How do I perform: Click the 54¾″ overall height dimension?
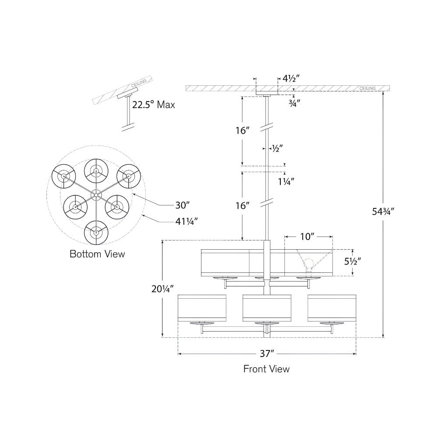(x=383, y=212)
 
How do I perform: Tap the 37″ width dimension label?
(x=267, y=353)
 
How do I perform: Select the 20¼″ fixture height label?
(x=163, y=289)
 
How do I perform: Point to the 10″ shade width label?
(x=307, y=237)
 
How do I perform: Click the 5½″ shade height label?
(x=353, y=261)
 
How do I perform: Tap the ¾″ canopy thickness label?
(x=294, y=103)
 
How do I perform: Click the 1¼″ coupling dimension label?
(x=286, y=182)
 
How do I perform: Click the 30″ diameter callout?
(x=182, y=205)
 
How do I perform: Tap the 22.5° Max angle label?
(x=154, y=105)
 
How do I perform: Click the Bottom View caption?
(x=97, y=254)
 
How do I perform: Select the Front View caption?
(x=266, y=369)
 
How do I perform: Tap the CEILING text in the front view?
(x=367, y=88)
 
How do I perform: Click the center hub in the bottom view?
(x=96, y=194)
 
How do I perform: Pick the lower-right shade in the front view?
(x=332, y=308)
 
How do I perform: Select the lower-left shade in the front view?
(x=202, y=308)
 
